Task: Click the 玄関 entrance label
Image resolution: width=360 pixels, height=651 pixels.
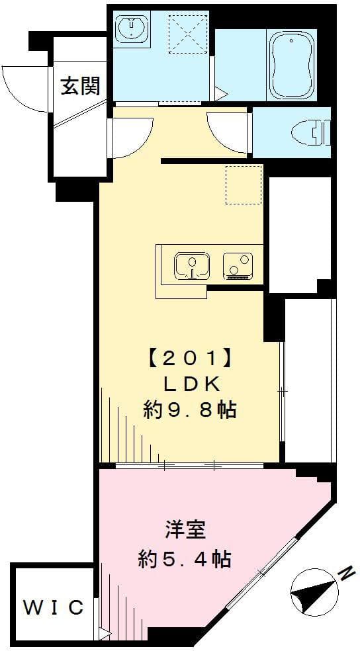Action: [80, 86]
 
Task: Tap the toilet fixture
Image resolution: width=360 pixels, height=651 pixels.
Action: [314, 132]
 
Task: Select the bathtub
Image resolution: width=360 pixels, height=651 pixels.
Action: [293, 64]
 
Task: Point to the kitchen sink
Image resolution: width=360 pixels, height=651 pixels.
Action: [192, 266]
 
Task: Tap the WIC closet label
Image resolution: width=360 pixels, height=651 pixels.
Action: [54, 607]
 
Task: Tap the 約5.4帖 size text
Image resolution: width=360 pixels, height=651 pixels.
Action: [185, 560]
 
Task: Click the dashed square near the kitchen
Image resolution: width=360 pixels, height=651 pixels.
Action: [244, 185]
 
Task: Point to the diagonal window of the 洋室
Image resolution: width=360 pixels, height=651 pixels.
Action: [261, 573]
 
